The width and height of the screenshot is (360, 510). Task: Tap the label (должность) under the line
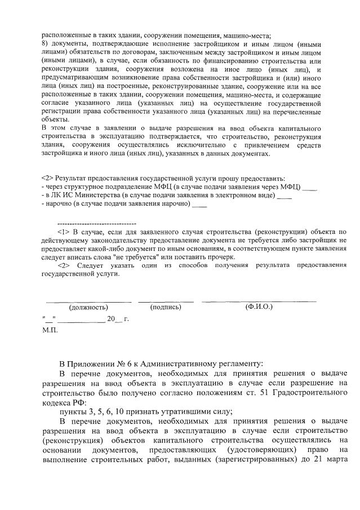(88, 307)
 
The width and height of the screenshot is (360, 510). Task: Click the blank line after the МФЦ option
(310, 187)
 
